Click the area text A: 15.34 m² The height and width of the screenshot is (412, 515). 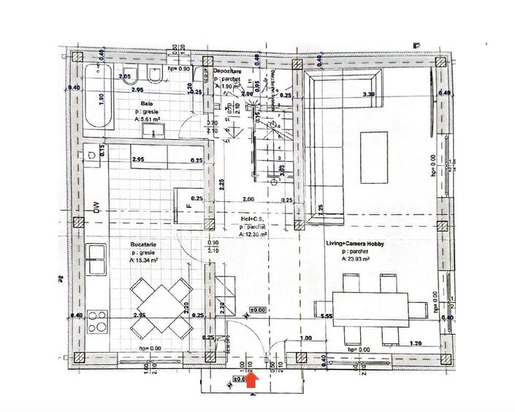click(142, 258)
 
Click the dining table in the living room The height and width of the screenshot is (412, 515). click(370, 309)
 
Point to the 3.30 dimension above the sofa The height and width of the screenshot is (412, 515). click(370, 94)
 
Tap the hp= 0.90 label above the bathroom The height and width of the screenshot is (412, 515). click(179, 69)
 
